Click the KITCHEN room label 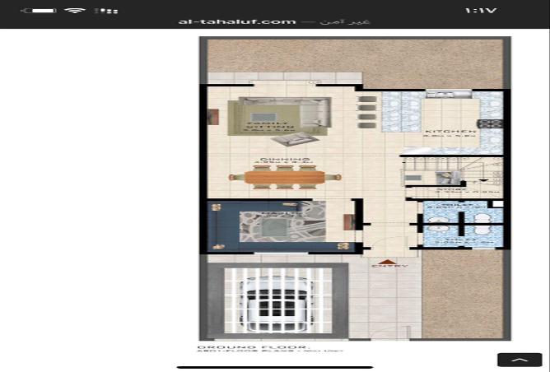click(x=450, y=133)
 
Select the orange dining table click(x=285, y=175)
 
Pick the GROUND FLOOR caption click(x=231, y=348)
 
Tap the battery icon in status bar click(x=38, y=11)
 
